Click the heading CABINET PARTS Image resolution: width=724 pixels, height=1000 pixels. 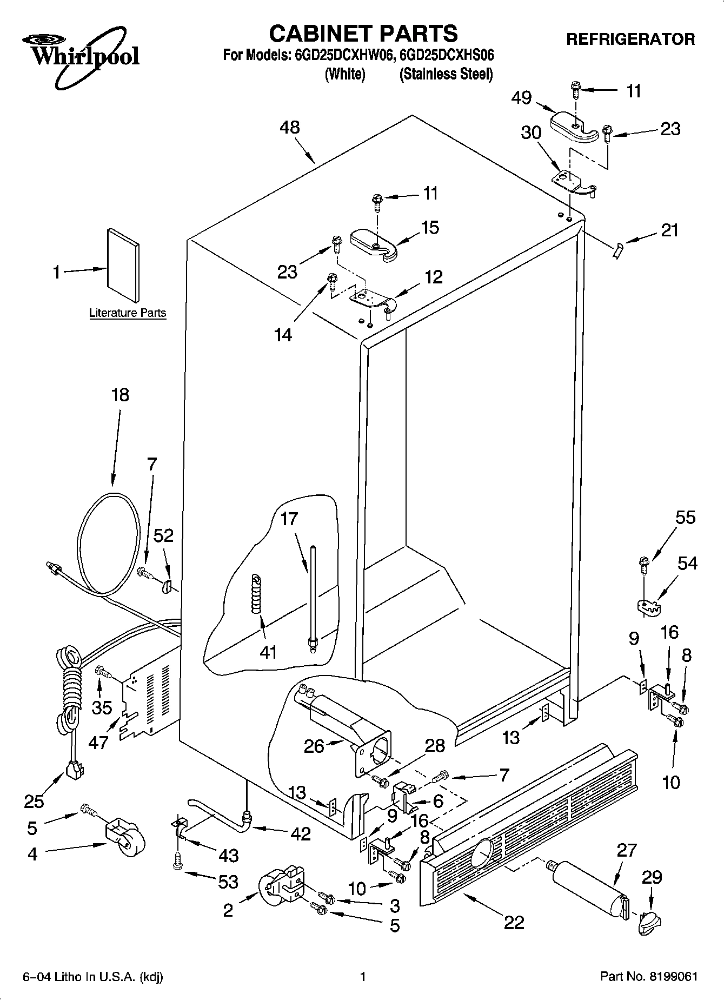click(x=363, y=34)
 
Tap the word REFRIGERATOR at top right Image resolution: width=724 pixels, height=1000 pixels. click(x=630, y=39)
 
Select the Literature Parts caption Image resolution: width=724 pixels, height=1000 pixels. click(x=128, y=313)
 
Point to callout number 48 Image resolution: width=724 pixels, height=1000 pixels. click(x=290, y=128)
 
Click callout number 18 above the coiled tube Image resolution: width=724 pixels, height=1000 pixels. click(x=120, y=395)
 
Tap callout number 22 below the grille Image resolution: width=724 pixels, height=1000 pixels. click(x=514, y=922)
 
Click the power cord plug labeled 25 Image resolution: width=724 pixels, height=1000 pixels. click(x=73, y=770)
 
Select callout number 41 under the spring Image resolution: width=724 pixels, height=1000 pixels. click(x=268, y=652)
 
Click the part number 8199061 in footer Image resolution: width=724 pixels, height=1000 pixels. click(x=670, y=976)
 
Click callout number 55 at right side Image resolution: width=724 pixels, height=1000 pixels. click(x=685, y=518)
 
